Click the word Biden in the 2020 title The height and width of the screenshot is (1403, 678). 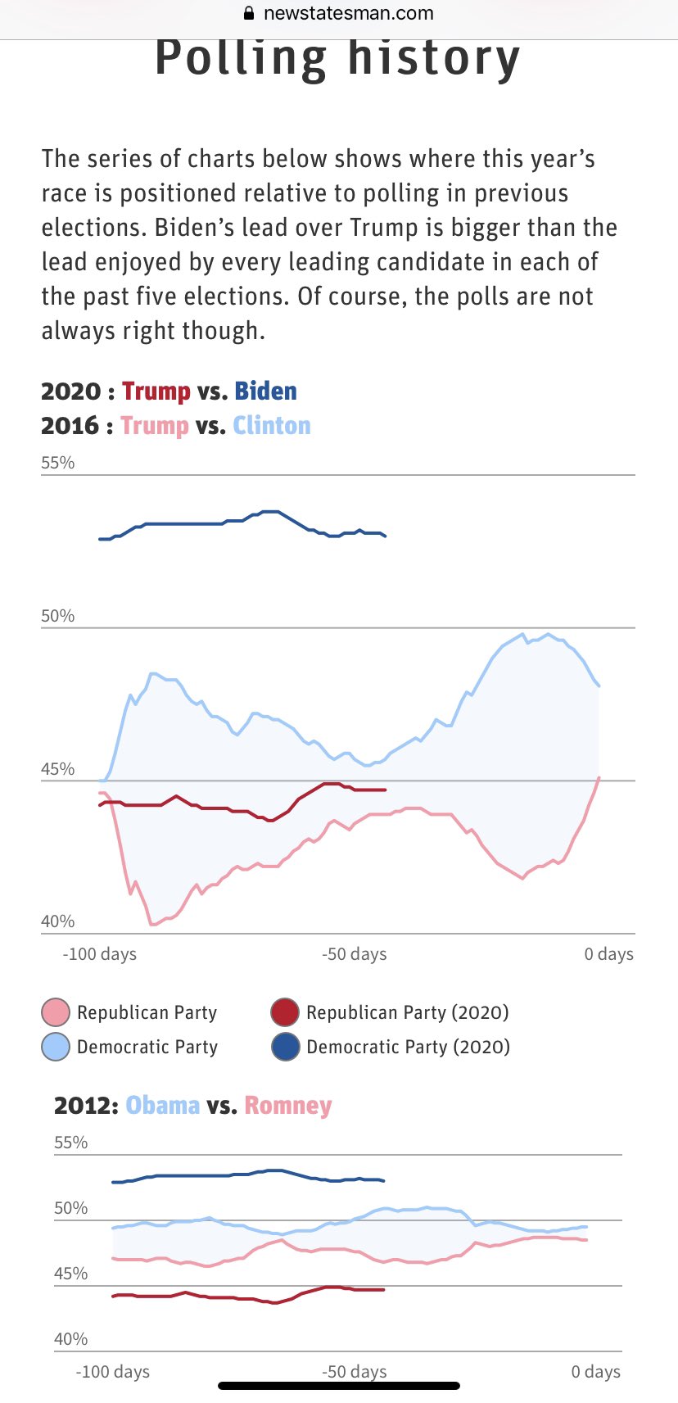(x=265, y=391)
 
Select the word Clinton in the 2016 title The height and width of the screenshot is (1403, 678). (x=272, y=426)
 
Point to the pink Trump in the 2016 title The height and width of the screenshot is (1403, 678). (x=155, y=426)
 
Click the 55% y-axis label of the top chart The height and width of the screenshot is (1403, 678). (x=57, y=463)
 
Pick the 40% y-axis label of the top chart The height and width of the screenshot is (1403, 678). (x=57, y=921)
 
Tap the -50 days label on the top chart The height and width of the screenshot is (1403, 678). (x=354, y=954)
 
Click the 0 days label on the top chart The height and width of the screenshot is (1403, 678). (x=608, y=954)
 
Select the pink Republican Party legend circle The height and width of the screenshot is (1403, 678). (x=56, y=1012)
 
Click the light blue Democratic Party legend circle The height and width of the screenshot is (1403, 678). (x=56, y=1047)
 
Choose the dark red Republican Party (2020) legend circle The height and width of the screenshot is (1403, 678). (x=285, y=1012)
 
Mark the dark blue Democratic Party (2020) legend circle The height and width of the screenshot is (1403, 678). (x=285, y=1047)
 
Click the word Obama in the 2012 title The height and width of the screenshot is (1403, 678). (x=163, y=1106)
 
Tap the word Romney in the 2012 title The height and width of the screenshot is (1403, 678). (x=288, y=1106)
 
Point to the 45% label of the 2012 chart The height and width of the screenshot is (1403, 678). (x=70, y=1274)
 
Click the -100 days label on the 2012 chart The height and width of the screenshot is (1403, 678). (x=113, y=1372)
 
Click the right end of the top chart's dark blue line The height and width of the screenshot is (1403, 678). (x=385, y=536)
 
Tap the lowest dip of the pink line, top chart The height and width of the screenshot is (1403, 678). (x=153, y=924)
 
